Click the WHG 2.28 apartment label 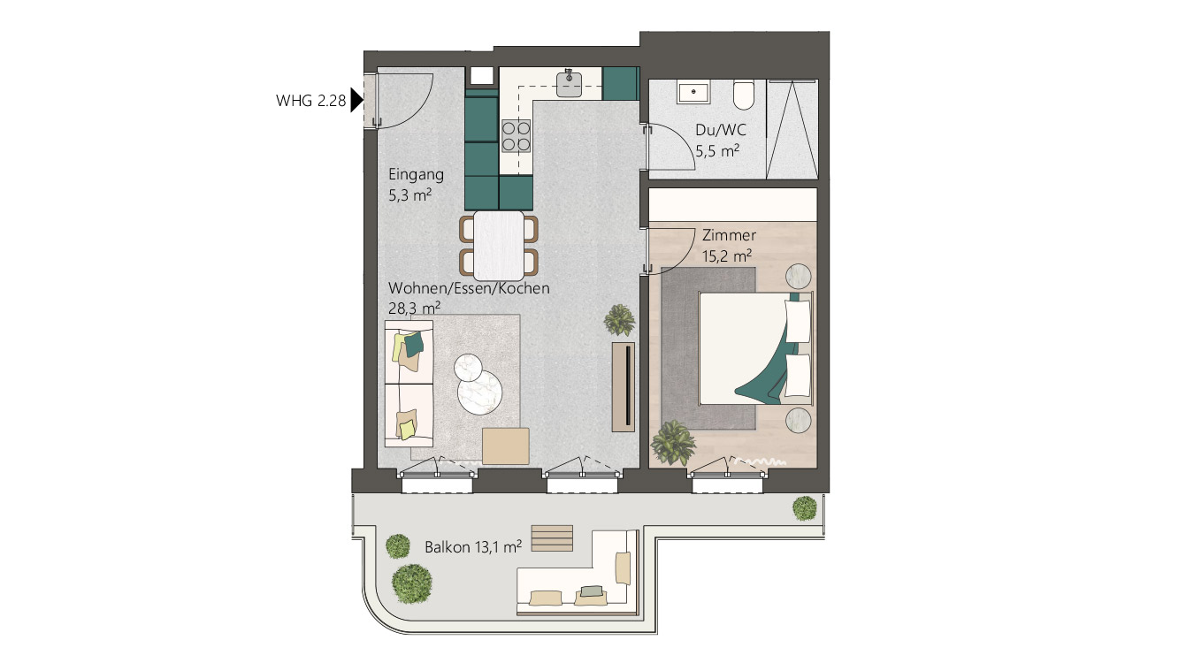tap(310, 100)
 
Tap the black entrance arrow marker tap(356, 100)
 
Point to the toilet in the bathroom tap(744, 95)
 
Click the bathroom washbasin tap(693, 92)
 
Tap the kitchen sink tap(570, 84)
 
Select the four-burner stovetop tap(516, 136)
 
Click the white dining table tap(499, 246)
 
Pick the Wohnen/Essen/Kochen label tap(469, 288)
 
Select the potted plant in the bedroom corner tap(673, 442)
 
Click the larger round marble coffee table tap(479, 392)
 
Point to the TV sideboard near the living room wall tap(624, 387)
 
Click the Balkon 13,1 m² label tap(473, 547)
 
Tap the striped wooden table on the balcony tap(552, 538)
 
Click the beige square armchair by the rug tap(506, 446)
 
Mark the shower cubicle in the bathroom tap(792, 129)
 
